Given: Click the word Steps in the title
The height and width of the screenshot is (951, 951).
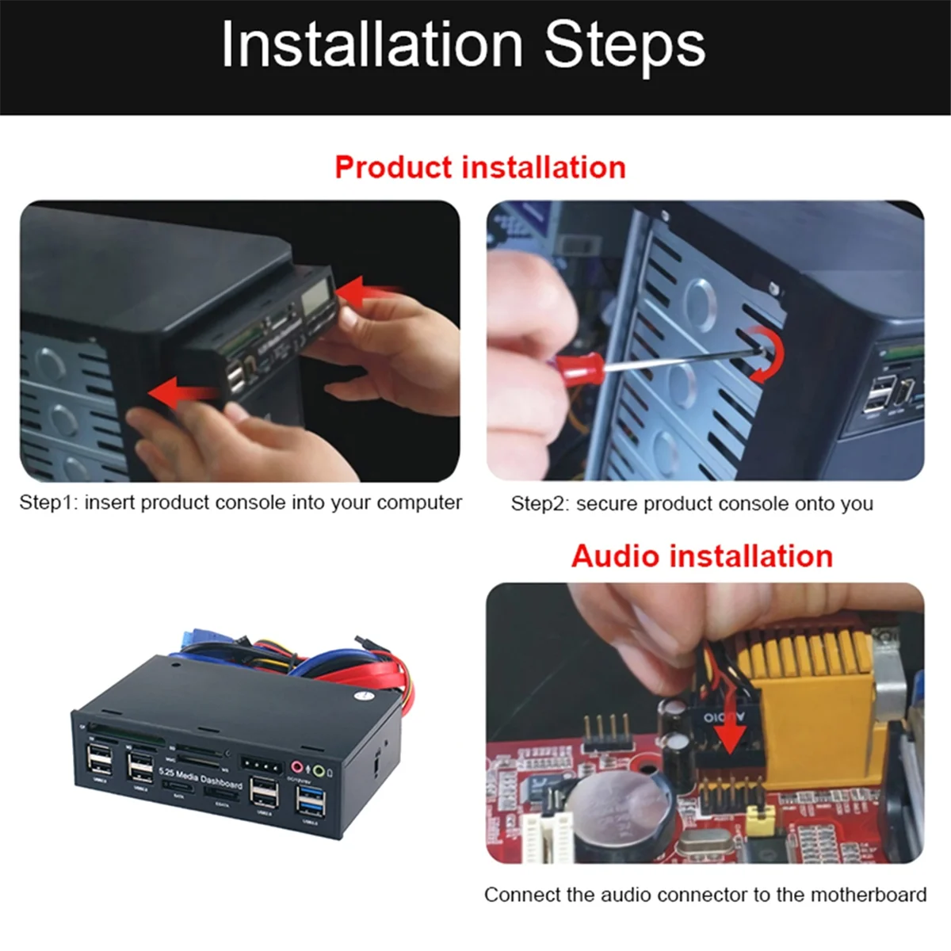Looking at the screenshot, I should click(624, 46).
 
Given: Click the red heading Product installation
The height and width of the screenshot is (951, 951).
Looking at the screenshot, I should click(479, 167).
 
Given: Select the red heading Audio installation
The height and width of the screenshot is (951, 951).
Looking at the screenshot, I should click(701, 556).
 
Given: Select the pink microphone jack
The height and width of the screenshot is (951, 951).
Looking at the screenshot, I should click(299, 767).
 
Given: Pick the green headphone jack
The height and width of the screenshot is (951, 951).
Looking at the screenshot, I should click(319, 770).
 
